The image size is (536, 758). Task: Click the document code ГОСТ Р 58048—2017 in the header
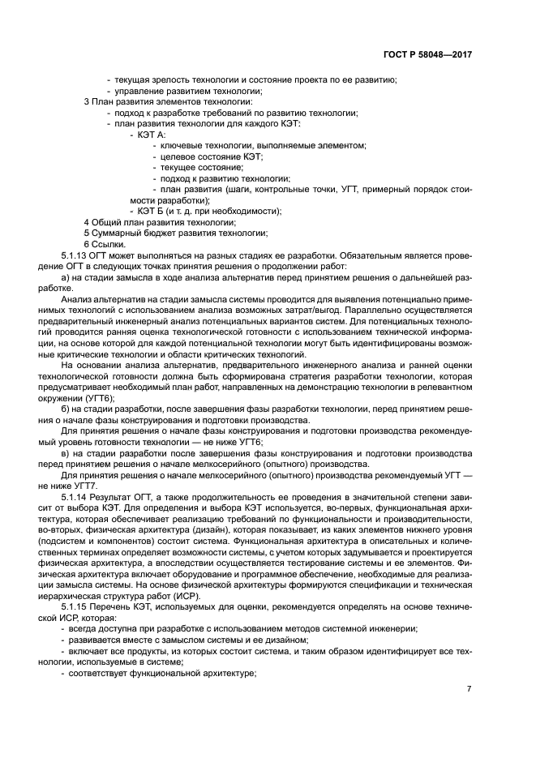tap(427, 55)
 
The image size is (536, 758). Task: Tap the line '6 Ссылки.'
tap(105, 244)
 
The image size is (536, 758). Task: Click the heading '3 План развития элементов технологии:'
tap(168, 101)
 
